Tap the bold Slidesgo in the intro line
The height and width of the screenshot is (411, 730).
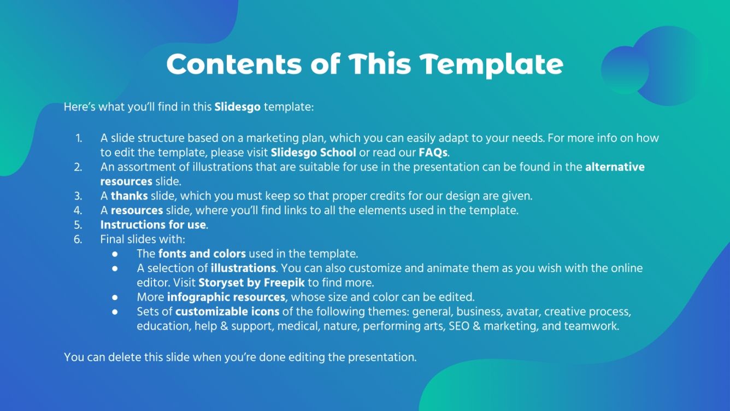(x=237, y=107)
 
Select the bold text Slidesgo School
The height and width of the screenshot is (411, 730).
(x=313, y=152)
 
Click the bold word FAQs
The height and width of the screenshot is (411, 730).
(x=433, y=152)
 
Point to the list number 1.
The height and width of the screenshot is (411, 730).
(x=79, y=138)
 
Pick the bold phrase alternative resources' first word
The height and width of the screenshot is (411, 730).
(x=615, y=167)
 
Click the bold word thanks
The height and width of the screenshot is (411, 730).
(x=125, y=196)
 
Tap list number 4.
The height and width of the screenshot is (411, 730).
(x=78, y=210)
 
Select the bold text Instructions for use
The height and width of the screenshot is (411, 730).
(x=153, y=225)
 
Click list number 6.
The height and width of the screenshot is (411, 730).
(x=78, y=239)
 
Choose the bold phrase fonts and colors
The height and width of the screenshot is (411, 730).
(x=202, y=254)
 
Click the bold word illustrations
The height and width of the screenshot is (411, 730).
(x=243, y=268)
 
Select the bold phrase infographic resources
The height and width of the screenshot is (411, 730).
(x=226, y=297)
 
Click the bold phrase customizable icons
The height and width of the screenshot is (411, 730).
(x=227, y=312)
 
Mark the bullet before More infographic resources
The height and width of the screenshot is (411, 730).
(x=115, y=298)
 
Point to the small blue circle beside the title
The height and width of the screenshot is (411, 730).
(x=624, y=69)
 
